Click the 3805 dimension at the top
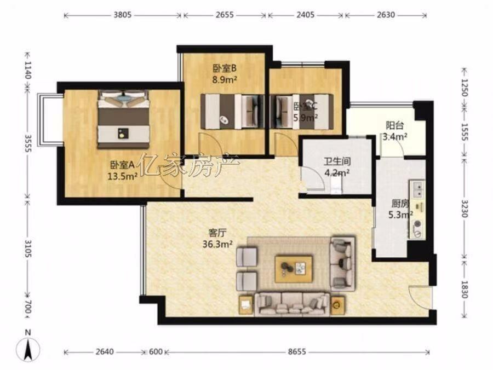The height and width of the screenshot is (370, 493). coord(122,15)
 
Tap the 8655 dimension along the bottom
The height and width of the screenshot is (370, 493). coord(297,352)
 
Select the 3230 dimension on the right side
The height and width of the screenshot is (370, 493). coord(466,208)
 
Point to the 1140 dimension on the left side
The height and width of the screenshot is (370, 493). coord(28,71)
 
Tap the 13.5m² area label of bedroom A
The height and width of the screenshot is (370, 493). coord(123,177)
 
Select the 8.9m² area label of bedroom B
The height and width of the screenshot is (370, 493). coord(225,79)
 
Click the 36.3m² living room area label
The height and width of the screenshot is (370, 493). coord(217,244)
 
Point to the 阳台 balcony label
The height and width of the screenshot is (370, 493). coord(395,126)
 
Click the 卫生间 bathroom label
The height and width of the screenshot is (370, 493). coord(337,162)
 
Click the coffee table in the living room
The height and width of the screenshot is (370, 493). coord(294,269)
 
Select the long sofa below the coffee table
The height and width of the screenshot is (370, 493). coord(292,304)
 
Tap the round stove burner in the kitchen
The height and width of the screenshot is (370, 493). coord(417,224)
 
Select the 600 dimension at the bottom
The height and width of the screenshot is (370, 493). coord(156,352)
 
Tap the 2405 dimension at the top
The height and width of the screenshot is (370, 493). coord(305,15)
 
